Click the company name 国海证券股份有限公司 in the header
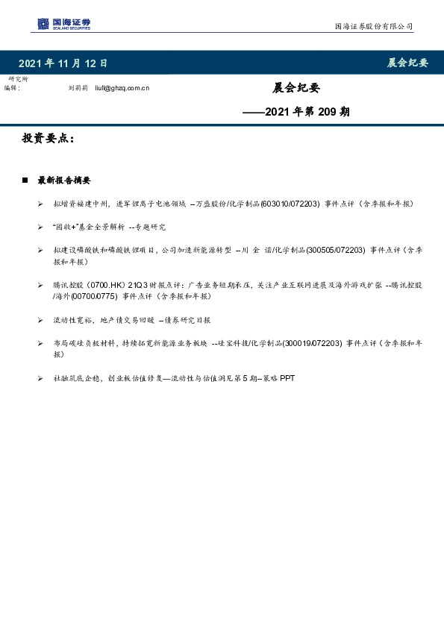click(372, 27)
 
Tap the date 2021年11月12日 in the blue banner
click(63, 63)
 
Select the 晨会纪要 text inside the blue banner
click(407, 63)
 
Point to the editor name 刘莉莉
click(78, 88)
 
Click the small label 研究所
click(19, 79)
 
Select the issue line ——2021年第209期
click(297, 113)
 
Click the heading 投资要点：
click(48, 139)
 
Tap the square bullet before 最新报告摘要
click(25, 180)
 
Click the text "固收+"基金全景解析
click(88, 226)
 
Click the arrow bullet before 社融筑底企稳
click(40, 379)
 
